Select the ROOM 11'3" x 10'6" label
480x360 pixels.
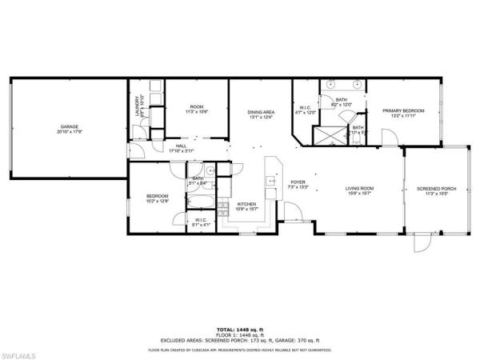(x=196, y=109)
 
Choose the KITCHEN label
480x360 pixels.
(x=246, y=206)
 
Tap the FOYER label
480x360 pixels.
(x=298, y=183)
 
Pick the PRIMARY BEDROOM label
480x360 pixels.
(x=402, y=113)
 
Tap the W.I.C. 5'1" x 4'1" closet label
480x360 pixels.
(x=201, y=222)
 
